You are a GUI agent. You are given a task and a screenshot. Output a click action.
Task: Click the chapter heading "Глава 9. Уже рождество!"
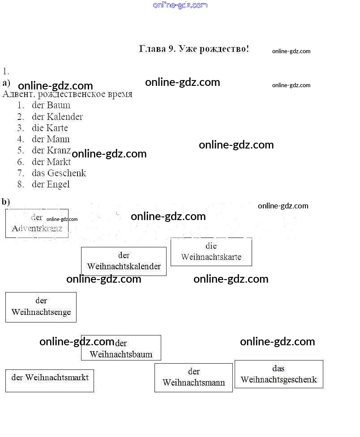(194, 49)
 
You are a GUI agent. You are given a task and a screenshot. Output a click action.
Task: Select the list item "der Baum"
(51, 106)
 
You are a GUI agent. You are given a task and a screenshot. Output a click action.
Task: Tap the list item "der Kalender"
(57, 117)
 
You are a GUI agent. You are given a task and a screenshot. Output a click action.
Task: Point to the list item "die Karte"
(50, 128)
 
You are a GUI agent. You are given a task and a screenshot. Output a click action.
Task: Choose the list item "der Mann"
(51, 139)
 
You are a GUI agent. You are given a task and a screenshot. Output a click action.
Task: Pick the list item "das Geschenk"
(59, 173)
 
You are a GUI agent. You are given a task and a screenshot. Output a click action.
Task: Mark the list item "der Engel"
(51, 184)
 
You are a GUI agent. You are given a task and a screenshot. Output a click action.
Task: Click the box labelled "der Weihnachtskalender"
(124, 261)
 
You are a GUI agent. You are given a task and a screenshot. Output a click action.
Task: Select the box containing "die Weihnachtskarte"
(211, 252)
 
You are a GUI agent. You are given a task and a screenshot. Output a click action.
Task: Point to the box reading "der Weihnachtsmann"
(193, 378)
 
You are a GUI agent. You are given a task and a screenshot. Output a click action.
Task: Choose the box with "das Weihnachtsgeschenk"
(279, 374)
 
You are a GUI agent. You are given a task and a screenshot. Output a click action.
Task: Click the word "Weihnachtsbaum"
(121, 355)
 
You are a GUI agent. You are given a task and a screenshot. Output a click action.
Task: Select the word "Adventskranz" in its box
(40, 229)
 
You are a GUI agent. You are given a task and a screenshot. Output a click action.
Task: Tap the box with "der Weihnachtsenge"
(41, 307)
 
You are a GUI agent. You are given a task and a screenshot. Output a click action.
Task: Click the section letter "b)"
(6, 202)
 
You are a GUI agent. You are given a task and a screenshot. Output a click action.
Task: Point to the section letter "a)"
(6, 83)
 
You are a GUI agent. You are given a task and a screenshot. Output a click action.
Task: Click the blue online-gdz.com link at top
(180, 5)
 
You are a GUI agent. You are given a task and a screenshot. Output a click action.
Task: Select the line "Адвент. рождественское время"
(68, 94)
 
